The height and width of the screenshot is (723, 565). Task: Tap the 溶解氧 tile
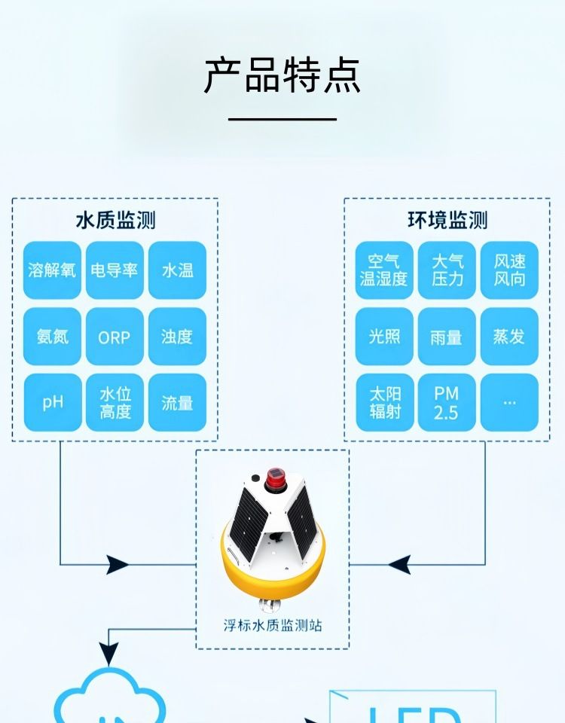[52, 270]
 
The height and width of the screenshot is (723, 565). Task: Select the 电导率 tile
[115, 270]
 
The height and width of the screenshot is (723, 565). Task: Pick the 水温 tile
[177, 270]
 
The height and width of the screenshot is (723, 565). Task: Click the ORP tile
[115, 337]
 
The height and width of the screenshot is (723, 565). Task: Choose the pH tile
[52, 402]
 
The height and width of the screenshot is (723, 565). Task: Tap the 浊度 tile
[177, 337]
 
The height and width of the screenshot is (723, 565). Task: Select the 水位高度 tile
[115, 402]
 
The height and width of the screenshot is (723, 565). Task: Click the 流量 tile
[177, 402]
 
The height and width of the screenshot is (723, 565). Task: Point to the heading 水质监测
[115, 220]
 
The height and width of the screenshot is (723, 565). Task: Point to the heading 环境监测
[447, 220]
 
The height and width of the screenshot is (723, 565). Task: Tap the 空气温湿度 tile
[384, 270]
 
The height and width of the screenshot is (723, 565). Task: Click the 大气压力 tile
[447, 270]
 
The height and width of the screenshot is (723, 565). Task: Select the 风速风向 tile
[509, 270]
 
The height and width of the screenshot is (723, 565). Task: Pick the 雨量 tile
[447, 337]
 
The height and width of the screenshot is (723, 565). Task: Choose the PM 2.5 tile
[447, 402]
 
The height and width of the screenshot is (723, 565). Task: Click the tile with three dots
[509, 402]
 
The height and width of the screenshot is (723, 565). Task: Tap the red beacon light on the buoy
[273, 477]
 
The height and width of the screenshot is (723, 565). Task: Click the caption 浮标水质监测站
[273, 625]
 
